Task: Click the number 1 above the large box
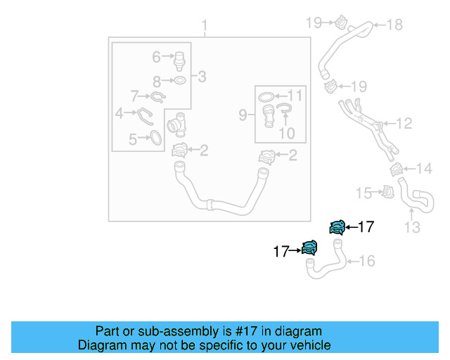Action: [x=205, y=27]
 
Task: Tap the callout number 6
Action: [x=156, y=55]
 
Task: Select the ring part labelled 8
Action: [x=180, y=80]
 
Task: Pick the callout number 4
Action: [x=120, y=112]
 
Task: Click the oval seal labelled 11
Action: [x=266, y=96]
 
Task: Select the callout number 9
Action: [x=243, y=114]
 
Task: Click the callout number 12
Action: [x=403, y=124]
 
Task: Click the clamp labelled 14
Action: [x=397, y=169]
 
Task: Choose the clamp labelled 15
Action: [x=385, y=191]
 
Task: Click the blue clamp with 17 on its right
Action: [x=337, y=226]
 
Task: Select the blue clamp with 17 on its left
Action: [x=309, y=247]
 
